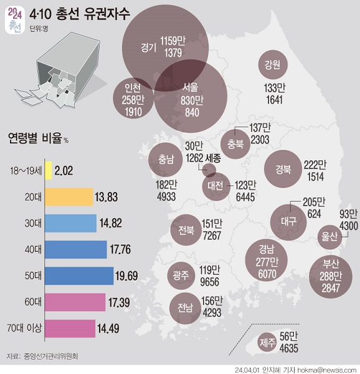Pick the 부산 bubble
click(x=329, y=269)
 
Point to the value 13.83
click(x=107, y=197)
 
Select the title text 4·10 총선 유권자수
click(x=80, y=14)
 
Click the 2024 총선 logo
click(x=15, y=20)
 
